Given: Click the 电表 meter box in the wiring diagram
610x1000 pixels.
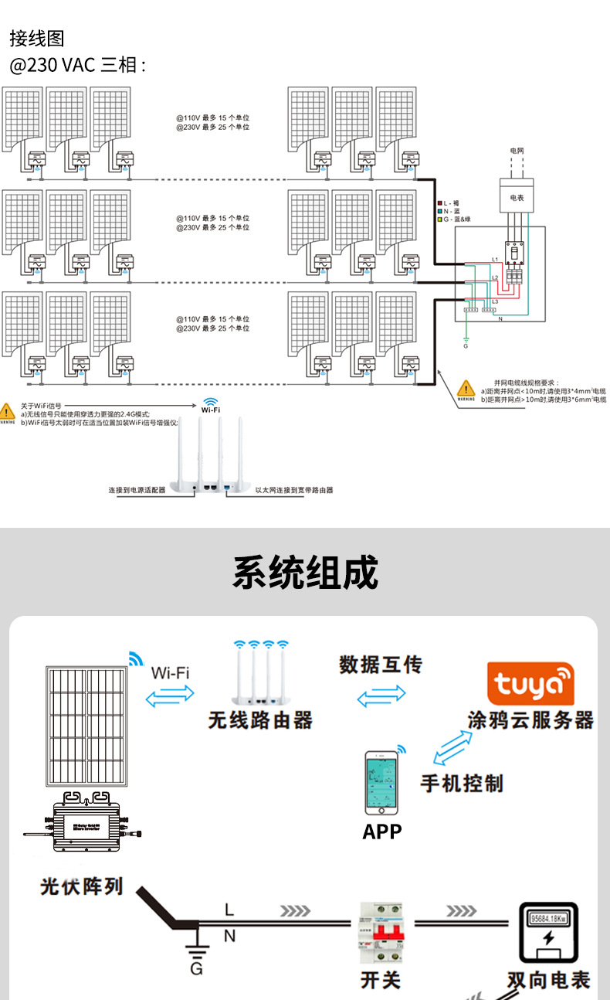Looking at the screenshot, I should [x=517, y=198].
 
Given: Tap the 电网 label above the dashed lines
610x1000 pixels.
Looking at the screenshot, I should [x=517, y=149].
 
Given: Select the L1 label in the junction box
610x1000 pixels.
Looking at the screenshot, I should [x=496, y=259].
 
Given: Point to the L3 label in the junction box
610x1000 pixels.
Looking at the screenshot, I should [x=496, y=301].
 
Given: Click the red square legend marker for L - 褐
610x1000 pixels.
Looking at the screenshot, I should [x=439, y=202].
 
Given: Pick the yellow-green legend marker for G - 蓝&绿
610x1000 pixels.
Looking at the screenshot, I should [x=439, y=219].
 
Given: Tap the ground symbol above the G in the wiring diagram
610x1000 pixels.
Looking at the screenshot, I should [x=466, y=339].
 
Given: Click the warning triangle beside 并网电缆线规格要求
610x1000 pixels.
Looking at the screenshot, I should [x=466, y=388].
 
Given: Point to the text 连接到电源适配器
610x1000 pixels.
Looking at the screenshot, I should [x=137, y=490].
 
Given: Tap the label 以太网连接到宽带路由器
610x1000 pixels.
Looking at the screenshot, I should [x=294, y=490].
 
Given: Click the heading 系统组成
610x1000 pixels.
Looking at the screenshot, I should [x=305, y=573].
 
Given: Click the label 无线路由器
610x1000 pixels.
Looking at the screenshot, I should [x=260, y=720].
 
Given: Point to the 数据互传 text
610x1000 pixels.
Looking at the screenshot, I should [x=381, y=664].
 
